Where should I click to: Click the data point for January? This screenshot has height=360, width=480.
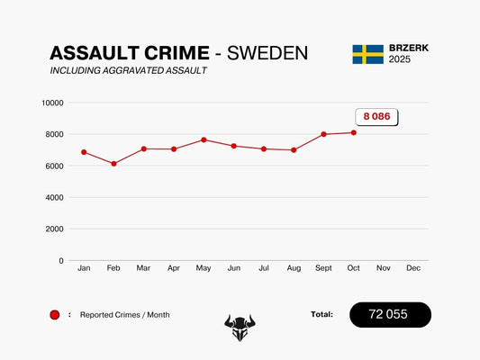[84, 152]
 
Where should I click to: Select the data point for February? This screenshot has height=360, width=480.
[113, 164]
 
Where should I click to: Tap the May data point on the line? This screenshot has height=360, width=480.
[204, 139]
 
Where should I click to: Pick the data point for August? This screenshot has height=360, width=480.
[294, 150]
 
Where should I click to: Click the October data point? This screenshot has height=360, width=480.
[353, 132]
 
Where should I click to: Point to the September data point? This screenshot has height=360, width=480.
[323, 134]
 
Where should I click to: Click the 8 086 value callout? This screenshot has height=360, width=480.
[376, 117]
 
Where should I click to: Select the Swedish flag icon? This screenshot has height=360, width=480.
[367, 54]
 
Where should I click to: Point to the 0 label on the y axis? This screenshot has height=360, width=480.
[61, 261]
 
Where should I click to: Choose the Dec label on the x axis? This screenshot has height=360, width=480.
[413, 268]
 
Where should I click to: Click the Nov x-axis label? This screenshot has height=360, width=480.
[384, 268]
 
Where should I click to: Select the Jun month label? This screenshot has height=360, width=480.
[233, 268]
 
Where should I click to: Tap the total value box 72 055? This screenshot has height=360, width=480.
[390, 315]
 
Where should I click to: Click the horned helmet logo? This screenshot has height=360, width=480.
[240, 327]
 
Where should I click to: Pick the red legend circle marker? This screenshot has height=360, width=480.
[55, 315]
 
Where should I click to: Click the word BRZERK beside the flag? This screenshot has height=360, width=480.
[410, 48]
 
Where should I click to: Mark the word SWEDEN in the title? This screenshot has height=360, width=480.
[267, 53]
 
